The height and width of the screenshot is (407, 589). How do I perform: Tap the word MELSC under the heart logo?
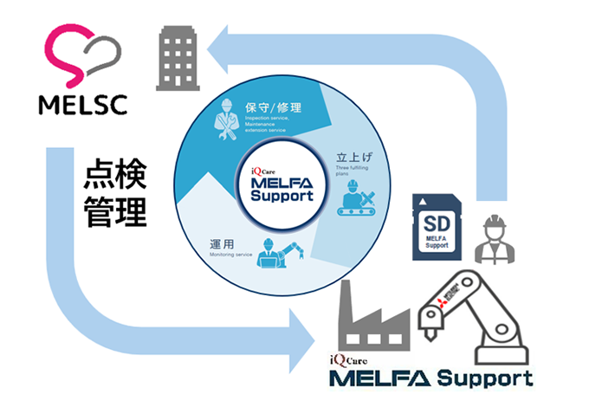(x=83, y=104)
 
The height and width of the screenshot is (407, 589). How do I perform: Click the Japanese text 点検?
(x=113, y=177)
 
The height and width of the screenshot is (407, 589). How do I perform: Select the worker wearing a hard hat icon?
(x=494, y=240)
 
